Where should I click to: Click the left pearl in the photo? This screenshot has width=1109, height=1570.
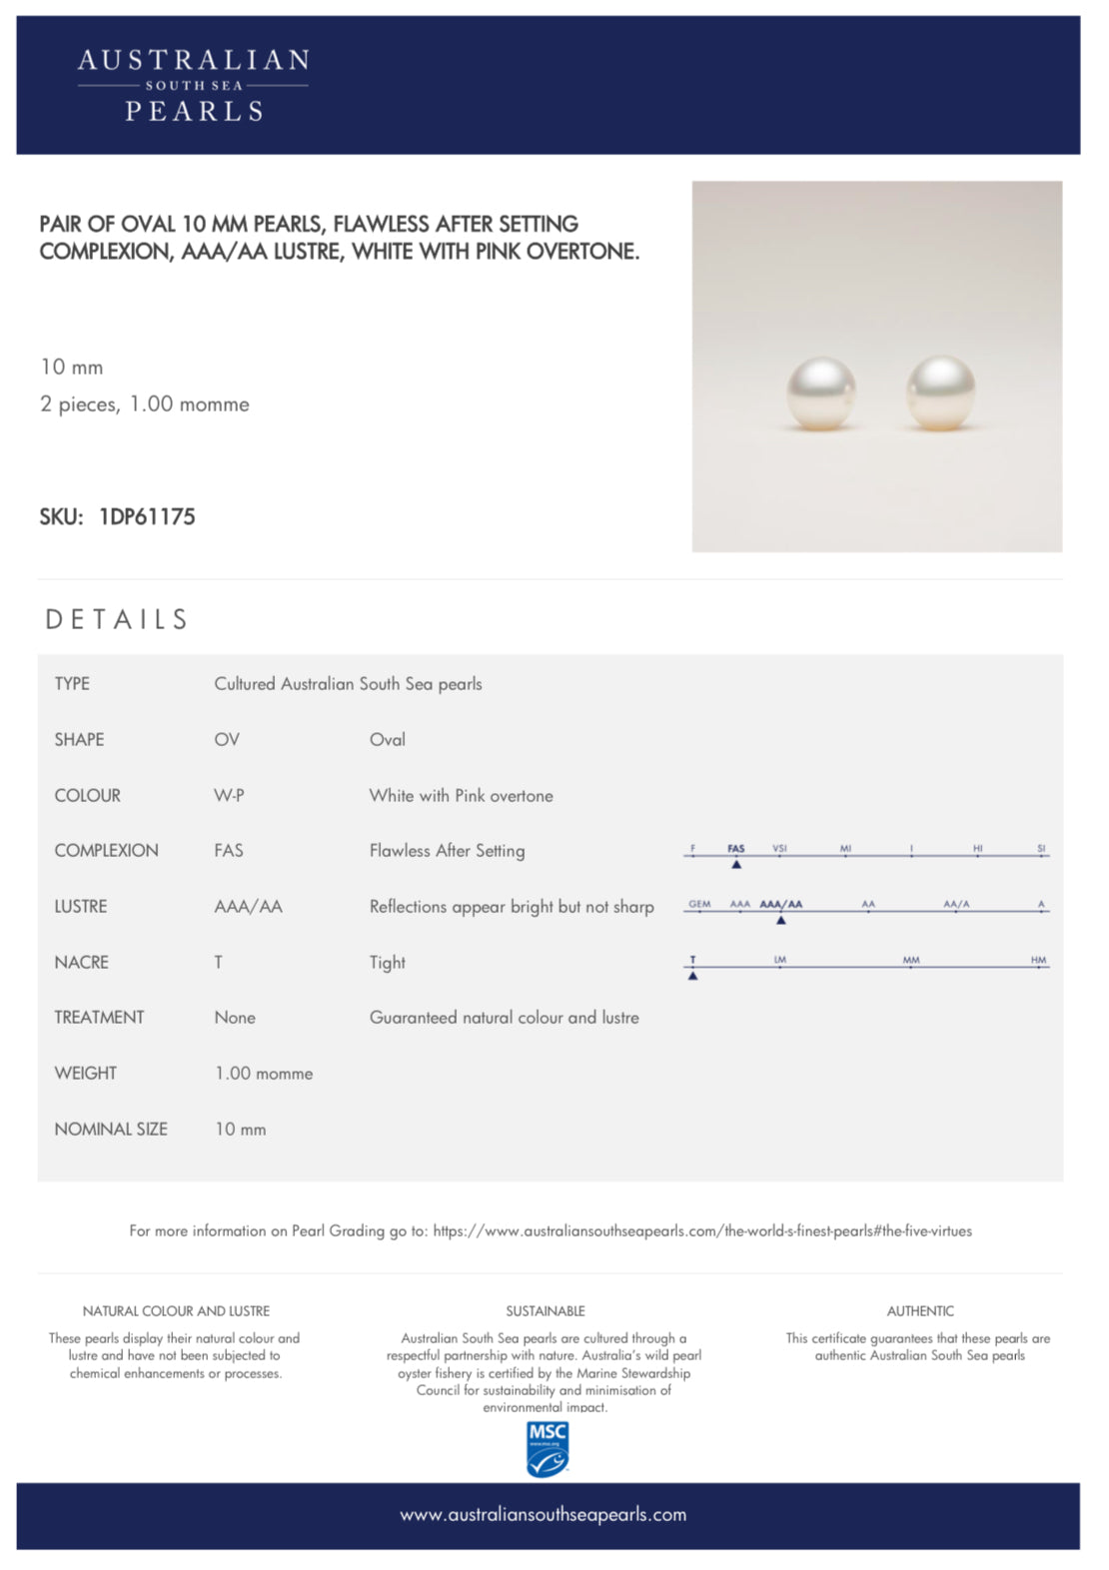click(820, 393)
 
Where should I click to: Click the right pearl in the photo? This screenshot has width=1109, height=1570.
click(940, 392)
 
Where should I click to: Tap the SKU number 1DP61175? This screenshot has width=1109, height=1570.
click(147, 516)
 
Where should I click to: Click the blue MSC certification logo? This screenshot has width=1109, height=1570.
click(547, 1448)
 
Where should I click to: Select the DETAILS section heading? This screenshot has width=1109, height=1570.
click(117, 620)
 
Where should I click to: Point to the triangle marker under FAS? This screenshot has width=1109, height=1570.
click(736, 864)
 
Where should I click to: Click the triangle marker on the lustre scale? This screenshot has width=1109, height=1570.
click(781, 920)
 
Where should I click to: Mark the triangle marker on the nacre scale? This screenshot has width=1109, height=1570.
click(692, 975)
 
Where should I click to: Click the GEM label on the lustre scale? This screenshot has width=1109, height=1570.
click(699, 904)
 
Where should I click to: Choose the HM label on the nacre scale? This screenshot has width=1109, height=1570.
click(1038, 960)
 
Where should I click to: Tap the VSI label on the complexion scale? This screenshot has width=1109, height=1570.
click(779, 848)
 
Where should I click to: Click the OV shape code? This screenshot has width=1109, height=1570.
click(227, 739)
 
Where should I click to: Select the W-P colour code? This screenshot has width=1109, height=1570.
click(229, 795)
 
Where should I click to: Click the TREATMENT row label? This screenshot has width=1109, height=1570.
click(99, 1017)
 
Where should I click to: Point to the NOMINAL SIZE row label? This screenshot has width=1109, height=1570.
click(111, 1129)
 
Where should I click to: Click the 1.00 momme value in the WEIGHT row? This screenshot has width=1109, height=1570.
click(264, 1074)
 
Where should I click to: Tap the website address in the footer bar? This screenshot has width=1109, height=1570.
click(544, 1514)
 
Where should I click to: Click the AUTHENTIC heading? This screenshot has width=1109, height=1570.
click(920, 1310)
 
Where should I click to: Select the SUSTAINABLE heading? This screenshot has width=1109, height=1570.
click(546, 1310)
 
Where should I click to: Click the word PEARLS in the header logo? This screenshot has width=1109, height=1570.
click(194, 111)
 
